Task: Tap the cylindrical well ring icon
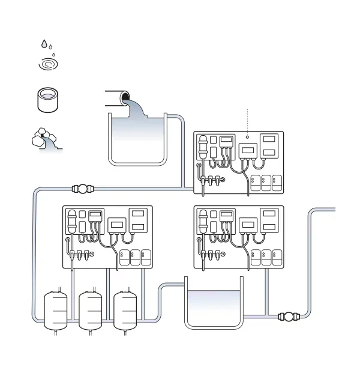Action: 48,100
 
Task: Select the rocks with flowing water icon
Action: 46,140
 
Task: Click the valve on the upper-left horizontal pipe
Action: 83,189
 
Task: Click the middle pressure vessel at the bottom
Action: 91,309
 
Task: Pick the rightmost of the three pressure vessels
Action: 125,309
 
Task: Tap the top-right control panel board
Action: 239,163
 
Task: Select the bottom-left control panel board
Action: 108,237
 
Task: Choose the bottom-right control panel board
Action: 239,237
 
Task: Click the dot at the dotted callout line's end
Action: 247,138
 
